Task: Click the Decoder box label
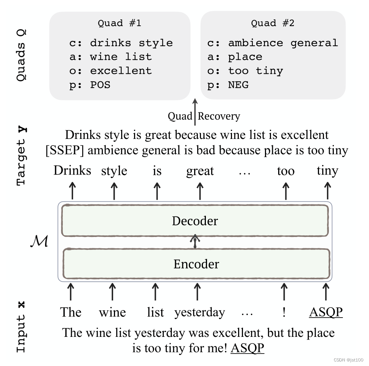(195, 221)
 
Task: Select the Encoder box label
(196, 264)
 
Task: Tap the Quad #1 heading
(120, 23)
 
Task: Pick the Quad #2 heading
(272, 23)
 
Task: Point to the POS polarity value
(100, 85)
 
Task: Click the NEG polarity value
(238, 85)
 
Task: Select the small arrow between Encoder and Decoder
(195, 241)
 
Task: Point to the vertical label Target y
(22, 156)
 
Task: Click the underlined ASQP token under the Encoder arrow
(326, 312)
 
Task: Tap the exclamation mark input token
(284, 313)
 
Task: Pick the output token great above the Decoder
(200, 171)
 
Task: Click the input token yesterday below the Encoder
(199, 313)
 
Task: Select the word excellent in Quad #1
(121, 71)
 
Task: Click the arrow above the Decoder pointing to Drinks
(72, 190)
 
